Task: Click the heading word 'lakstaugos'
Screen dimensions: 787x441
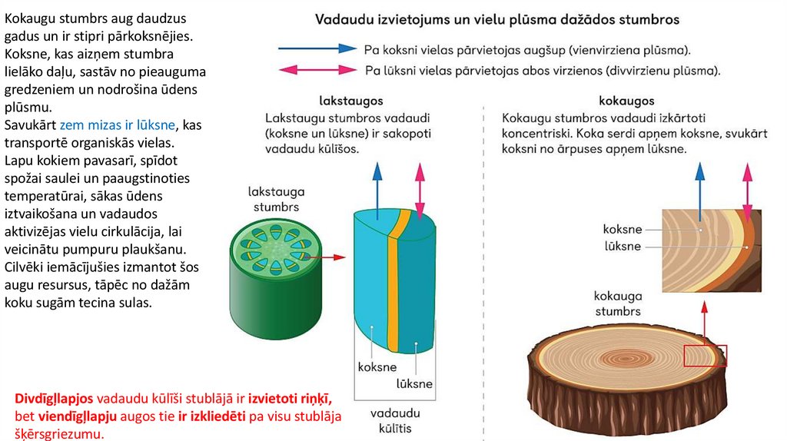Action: pyautogui.click(x=350, y=101)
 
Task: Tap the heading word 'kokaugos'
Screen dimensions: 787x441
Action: pyautogui.click(x=626, y=101)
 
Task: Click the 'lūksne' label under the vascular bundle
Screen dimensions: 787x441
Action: pyautogui.click(x=414, y=383)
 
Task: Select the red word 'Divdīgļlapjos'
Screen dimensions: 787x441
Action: pyautogui.click(x=54, y=399)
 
